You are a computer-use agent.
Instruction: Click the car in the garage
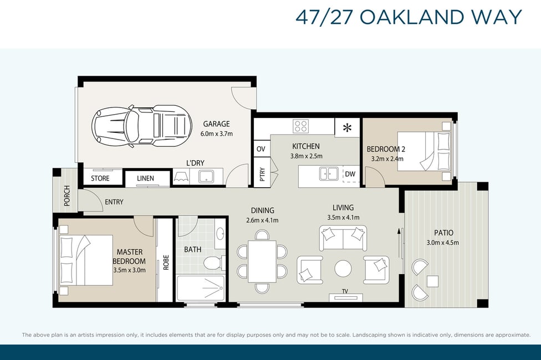[141, 126]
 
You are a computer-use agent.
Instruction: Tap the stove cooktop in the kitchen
[300, 126]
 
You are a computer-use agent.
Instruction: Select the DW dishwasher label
[350, 174]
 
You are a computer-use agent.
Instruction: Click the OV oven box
[261, 148]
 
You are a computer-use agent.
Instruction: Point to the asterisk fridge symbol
[347, 128]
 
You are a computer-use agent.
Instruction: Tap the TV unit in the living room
[345, 297]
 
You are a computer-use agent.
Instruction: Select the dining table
[262, 261]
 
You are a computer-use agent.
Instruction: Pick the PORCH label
[67, 196]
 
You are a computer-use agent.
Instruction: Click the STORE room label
[100, 178]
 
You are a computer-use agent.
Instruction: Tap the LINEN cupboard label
[145, 178]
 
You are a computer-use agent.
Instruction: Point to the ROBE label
[166, 263]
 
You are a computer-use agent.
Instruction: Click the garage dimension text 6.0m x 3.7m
[217, 134]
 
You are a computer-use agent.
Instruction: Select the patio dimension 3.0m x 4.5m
[443, 243]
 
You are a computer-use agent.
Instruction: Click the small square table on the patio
[433, 281]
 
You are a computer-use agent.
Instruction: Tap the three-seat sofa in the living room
[343, 238]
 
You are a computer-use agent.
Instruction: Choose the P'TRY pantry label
[262, 174]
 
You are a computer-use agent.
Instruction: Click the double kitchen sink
[329, 173]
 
